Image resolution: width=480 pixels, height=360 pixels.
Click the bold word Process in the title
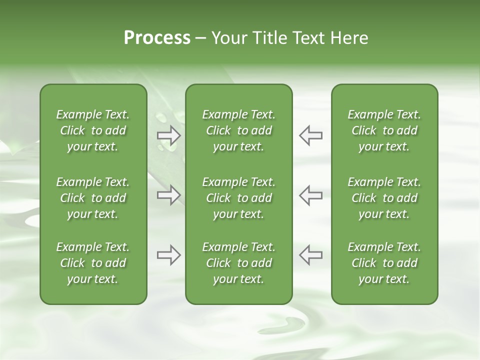[157, 38]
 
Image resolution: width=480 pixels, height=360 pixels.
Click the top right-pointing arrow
[168, 135]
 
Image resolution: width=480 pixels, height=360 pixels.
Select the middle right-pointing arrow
[168, 195]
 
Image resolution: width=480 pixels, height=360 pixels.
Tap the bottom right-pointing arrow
[168, 255]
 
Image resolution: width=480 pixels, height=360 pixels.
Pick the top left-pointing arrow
[310, 135]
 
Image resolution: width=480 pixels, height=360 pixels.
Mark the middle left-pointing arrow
[310, 195]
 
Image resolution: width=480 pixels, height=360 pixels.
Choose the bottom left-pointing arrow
[310, 255]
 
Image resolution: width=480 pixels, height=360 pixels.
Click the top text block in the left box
[93, 130]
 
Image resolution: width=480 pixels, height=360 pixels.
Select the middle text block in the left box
[93, 198]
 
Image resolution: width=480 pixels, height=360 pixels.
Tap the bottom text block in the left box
[93, 263]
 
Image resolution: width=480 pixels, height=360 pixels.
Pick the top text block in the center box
[239, 130]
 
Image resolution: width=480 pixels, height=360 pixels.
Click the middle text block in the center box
[239, 198]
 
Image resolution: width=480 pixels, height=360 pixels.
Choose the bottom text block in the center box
[239, 263]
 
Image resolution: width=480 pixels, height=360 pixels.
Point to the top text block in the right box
[384, 130]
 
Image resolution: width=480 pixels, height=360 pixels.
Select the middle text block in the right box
[384, 198]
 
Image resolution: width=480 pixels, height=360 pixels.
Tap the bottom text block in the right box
[384, 263]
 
